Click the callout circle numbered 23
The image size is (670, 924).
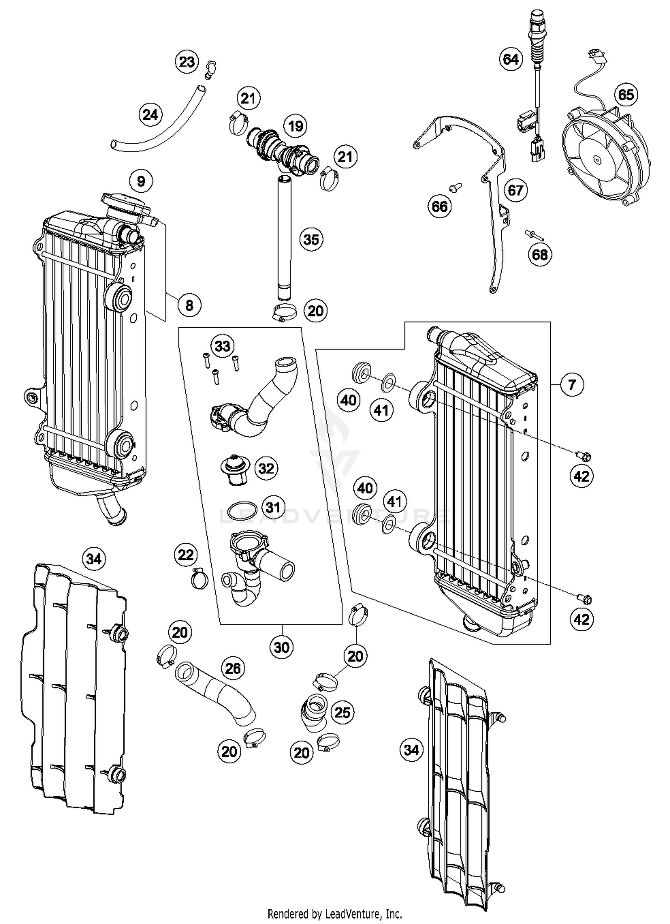pos(187,62)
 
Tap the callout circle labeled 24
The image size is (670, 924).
pos(151,115)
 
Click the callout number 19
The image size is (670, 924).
pos(296,126)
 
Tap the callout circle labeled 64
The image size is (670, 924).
pos(511,59)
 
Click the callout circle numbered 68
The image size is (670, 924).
pos(540,255)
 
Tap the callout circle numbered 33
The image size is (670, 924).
pos(222,346)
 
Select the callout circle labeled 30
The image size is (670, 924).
pos(281,647)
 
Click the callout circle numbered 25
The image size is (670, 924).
pos(342,712)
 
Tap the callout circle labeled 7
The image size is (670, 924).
pos(572,384)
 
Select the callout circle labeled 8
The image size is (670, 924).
pos(189,305)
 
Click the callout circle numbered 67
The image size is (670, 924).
pos(515,190)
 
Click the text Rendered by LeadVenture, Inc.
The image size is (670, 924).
pos(335,913)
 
